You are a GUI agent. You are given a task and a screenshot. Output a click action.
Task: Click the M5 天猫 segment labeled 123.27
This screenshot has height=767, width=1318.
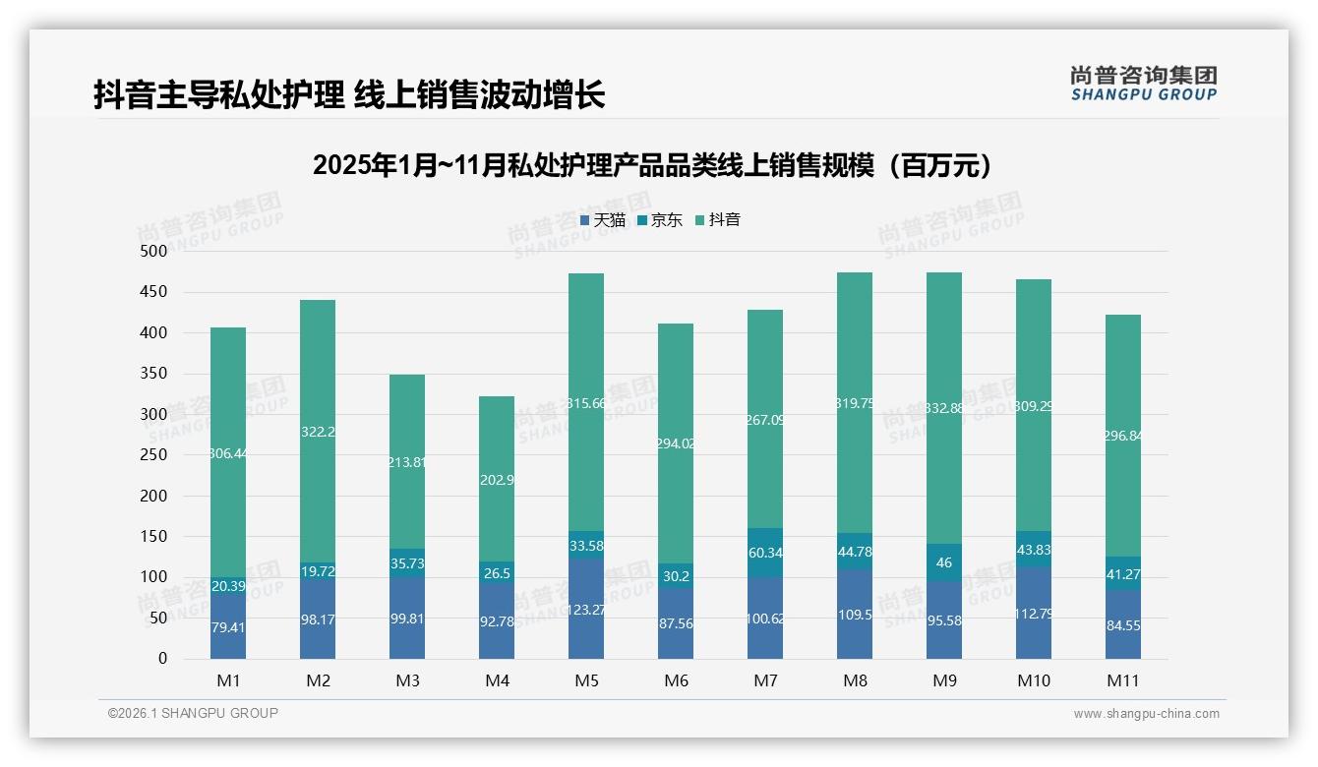click(586, 609)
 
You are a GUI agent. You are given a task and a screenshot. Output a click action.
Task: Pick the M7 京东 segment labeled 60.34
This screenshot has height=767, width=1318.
click(765, 553)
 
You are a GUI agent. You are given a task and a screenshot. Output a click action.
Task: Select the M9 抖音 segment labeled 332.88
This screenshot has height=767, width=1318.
click(944, 408)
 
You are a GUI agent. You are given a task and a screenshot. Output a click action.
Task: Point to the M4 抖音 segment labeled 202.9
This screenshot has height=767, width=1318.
click(497, 479)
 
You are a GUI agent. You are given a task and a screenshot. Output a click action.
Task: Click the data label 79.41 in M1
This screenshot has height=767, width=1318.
click(228, 625)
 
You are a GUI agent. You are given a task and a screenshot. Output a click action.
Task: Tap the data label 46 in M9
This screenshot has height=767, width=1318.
click(944, 562)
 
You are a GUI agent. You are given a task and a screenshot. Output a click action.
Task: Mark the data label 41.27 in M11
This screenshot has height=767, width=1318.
click(1123, 573)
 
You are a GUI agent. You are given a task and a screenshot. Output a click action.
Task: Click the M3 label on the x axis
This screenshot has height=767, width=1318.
click(407, 680)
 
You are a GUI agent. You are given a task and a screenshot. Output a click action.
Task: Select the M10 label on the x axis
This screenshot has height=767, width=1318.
click(1034, 680)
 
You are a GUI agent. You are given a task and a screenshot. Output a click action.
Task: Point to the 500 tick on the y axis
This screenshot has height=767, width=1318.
click(152, 252)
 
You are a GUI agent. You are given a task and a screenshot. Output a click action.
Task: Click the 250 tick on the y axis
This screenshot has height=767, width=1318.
click(152, 455)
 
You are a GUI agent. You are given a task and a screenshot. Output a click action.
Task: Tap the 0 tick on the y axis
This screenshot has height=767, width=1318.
click(163, 659)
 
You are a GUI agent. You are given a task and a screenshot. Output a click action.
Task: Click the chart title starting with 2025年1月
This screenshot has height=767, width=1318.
click(652, 165)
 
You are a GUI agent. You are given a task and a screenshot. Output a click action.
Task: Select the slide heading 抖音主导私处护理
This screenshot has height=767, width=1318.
click(349, 94)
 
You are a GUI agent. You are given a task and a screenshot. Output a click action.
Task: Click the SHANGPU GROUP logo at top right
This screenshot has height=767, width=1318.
click(1143, 84)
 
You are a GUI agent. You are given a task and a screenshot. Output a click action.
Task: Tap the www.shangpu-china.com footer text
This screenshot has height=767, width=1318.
click(1146, 714)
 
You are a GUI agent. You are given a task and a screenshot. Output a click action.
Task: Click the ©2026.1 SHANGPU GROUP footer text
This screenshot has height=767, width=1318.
click(193, 713)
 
